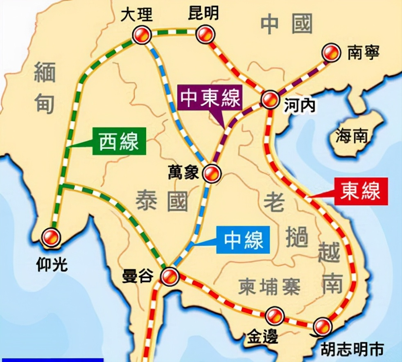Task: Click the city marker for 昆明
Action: pos(205,34)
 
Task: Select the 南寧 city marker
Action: pos(331,53)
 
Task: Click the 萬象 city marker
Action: pos(212,174)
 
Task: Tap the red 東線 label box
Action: pos(360,191)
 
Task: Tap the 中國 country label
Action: pos(287,24)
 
